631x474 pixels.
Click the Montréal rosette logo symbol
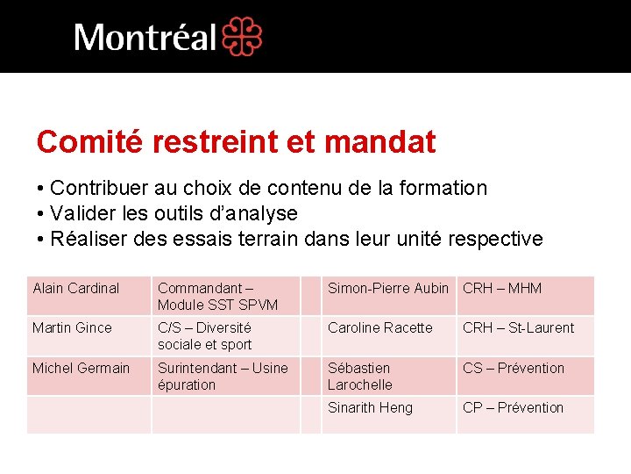pyautogui.click(x=242, y=36)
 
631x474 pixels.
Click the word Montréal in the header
pyautogui.click(x=145, y=38)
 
